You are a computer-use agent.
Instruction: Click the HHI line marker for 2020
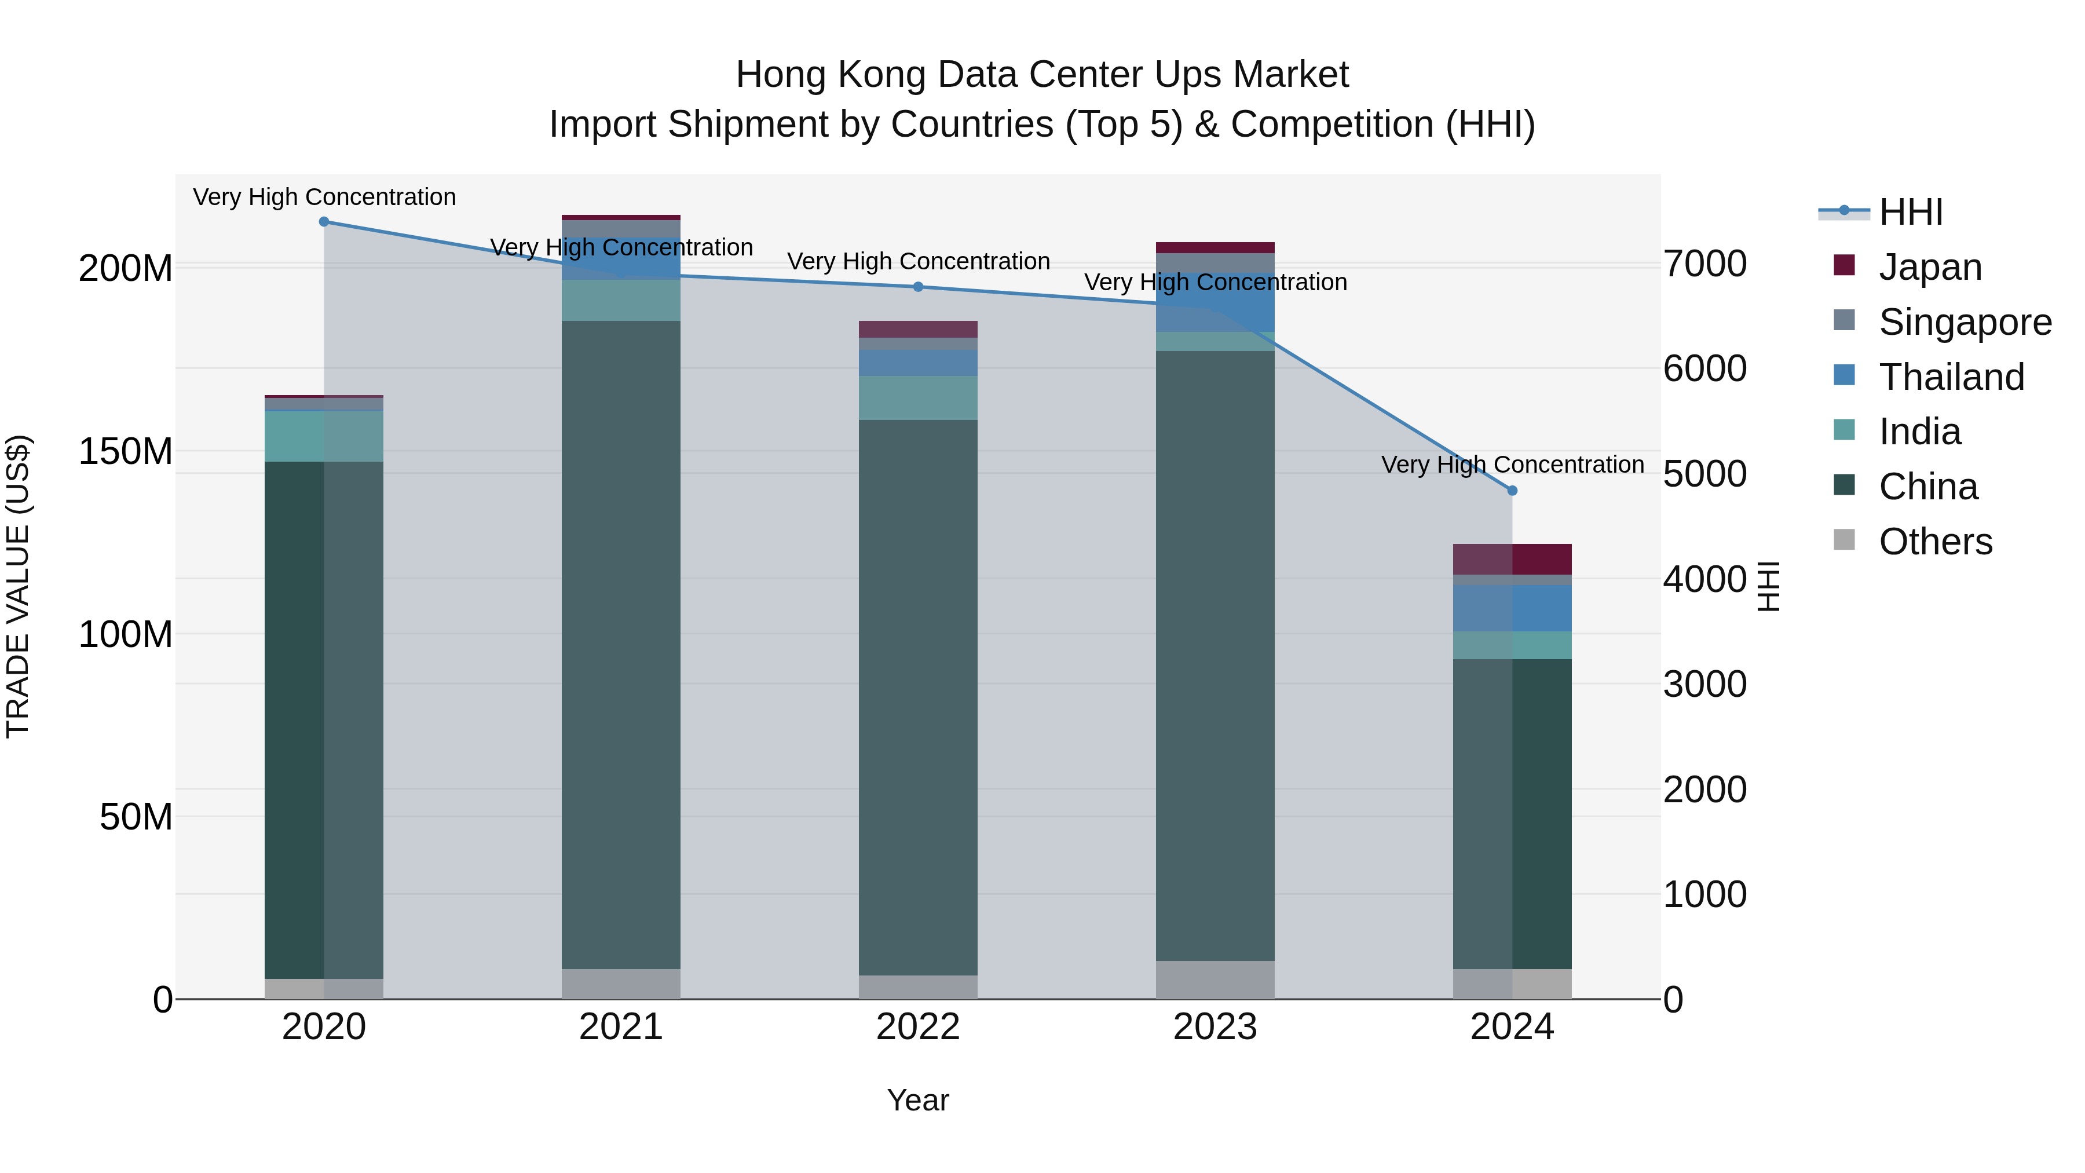[x=324, y=222]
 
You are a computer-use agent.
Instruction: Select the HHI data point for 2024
[x=1512, y=491]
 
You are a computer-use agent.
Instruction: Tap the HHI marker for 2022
[x=918, y=287]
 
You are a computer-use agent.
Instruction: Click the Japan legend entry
[x=1930, y=267]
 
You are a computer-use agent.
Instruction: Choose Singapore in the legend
[x=1965, y=322]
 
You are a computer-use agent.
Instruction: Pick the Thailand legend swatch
[x=1844, y=375]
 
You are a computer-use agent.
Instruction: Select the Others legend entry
[x=1934, y=542]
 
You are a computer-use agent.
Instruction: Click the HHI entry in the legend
[x=1910, y=212]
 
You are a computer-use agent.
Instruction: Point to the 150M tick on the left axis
[x=126, y=451]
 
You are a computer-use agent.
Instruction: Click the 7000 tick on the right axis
[x=1704, y=264]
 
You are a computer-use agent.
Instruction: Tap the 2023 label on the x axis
[x=1215, y=1027]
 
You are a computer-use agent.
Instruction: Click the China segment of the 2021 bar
[x=621, y=644]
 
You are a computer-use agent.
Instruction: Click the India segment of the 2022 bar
[x=918, y=397]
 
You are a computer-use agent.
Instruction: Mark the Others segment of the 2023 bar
[x=1215, y=980]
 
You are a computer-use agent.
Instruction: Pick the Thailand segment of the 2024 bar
[x=1512, y=608]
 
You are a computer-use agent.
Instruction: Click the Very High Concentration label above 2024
[x=1512, y=465]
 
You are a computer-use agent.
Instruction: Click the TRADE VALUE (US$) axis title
[x=18, y=586]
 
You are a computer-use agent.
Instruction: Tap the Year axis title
[x=918, y=1100]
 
